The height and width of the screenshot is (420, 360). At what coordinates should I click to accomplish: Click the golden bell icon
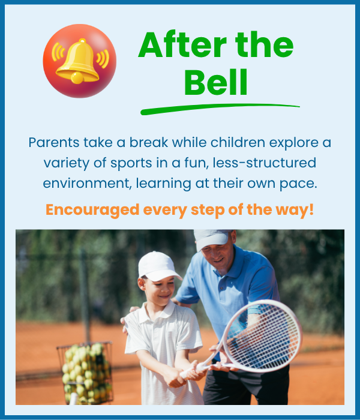(x=77, y=61)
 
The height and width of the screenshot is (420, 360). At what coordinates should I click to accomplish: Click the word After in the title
(x=182, y=44)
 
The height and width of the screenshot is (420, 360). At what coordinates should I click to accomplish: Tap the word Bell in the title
(x=215, y=82)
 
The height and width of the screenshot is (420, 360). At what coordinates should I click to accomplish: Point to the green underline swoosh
(x=220, y=108)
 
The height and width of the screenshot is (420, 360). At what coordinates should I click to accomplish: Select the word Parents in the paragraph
(x=54, y=142)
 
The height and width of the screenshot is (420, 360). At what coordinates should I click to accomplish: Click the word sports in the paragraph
(x=131, y=163)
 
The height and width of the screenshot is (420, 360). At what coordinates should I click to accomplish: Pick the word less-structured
(x=265, y=163)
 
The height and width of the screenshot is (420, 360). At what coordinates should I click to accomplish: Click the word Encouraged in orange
(x=92, y=210)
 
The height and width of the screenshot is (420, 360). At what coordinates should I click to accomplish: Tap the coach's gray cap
(x=212, y=239)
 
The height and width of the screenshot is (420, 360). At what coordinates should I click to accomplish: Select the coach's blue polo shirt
(x=227, y=289)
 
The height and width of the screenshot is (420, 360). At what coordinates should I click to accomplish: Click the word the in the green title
(x=264, y=44)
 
